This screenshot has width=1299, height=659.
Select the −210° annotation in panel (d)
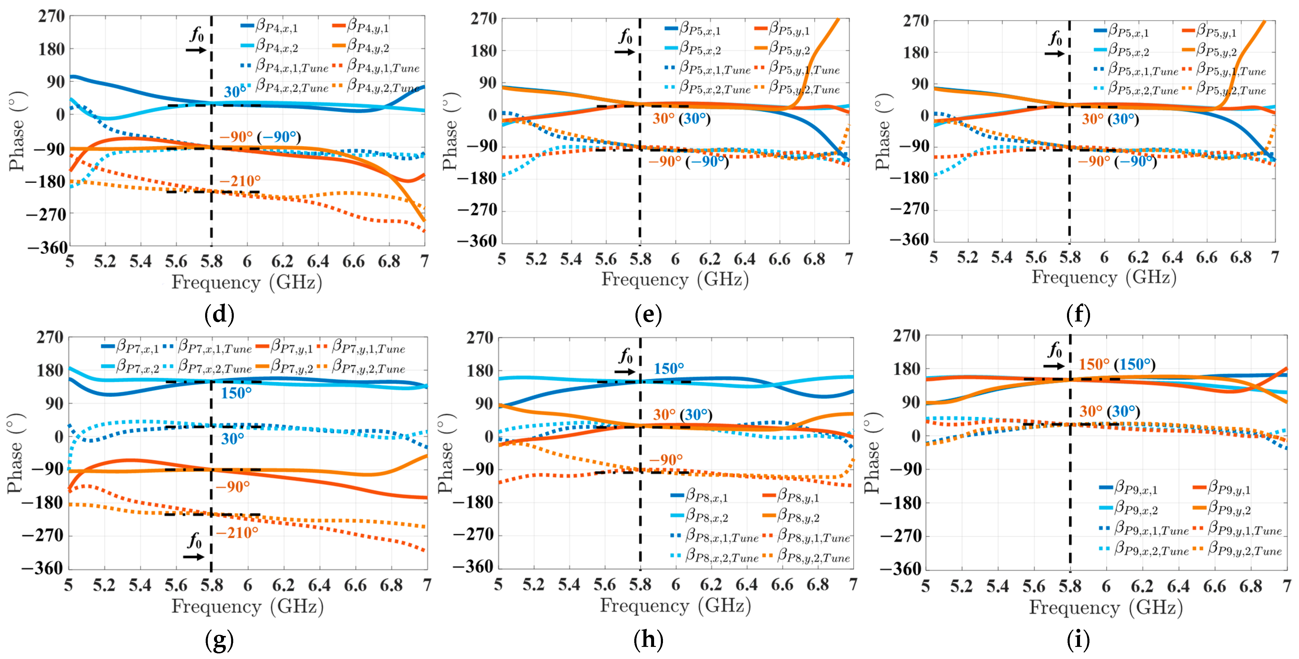coord(240,181)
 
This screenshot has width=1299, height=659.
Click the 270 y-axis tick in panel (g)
coord(49,337)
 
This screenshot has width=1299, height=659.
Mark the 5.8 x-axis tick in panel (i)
coord(1070,586)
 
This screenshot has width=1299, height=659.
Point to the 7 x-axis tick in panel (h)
coord(853,584)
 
